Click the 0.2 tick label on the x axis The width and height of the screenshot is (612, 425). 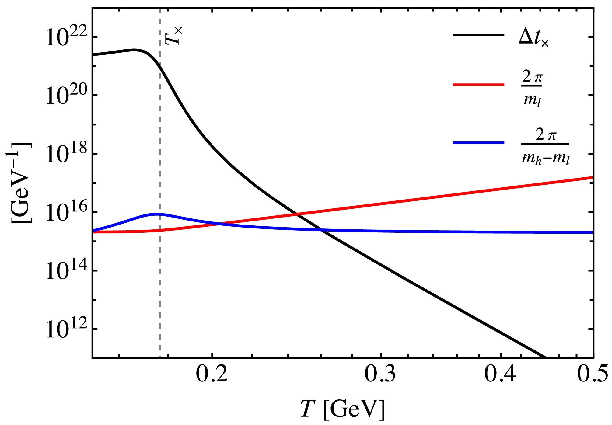[212, 374]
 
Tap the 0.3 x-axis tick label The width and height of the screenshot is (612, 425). [380, 374]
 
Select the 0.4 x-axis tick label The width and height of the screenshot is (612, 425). [500, 374]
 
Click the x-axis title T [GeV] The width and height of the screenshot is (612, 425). [342, 409]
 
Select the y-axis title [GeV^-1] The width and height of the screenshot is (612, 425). [21, 183]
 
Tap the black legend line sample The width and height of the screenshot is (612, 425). [478, 35]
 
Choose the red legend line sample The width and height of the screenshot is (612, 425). [478, 84]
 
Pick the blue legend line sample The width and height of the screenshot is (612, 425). [478, 142]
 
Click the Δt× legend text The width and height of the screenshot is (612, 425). [533, 38]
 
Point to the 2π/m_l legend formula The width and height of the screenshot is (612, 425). [532, 89]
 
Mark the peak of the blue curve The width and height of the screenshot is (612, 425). [157, 214]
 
